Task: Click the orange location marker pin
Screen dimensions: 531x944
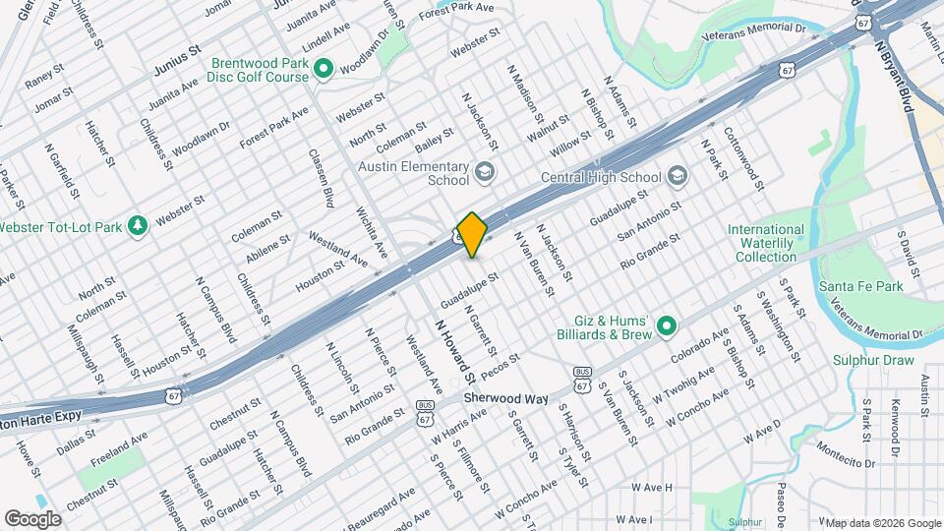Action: coord(473,234)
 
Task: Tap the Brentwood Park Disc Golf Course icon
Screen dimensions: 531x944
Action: coord(322,68)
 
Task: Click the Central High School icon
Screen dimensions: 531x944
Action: coord(676,176)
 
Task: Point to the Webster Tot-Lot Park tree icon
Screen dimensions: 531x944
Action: coord(138,226)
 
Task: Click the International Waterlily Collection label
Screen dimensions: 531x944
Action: coord(766,243)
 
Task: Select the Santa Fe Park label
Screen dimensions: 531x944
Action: coord(861,286)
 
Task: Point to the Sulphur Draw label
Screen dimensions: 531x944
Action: coord(871,360)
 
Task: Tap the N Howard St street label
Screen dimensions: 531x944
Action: coord(455,349)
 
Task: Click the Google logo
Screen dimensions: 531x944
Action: coord(33,518)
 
